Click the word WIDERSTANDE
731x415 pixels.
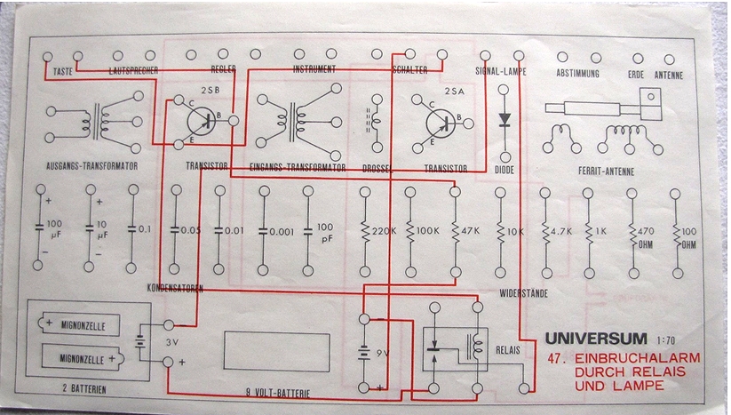[522, 292]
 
